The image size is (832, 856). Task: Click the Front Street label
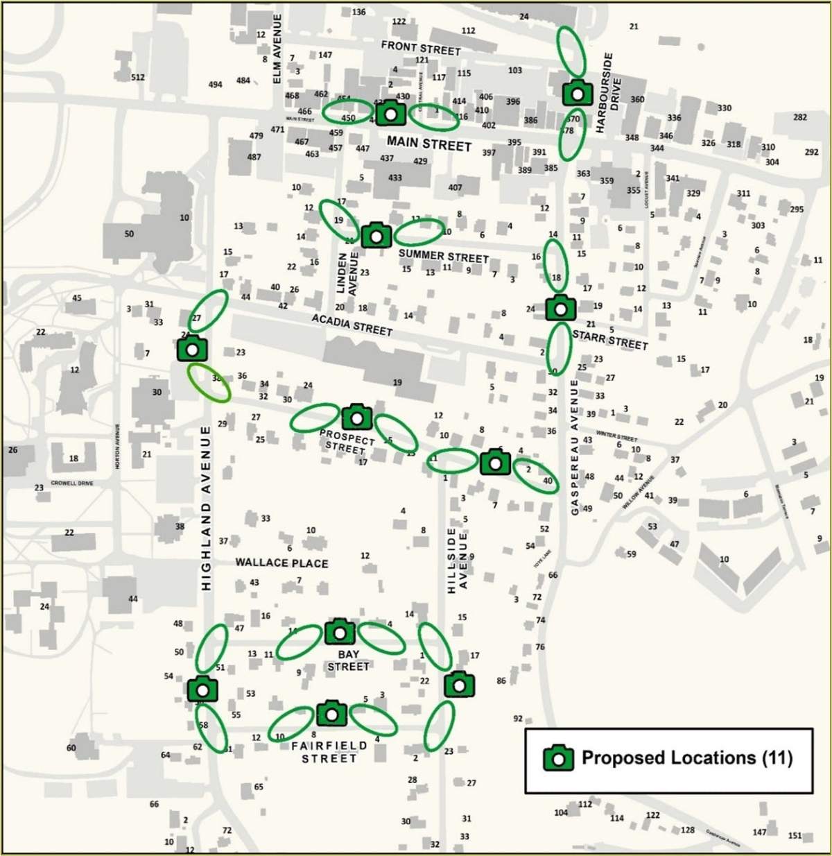(x=421, y=48)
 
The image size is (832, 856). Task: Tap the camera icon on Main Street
(x=391, y=112)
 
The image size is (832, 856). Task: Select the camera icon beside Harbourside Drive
(x=577, y=92)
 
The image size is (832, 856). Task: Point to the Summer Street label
(x=444, y=255)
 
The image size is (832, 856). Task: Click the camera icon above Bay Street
(x=340, y=632)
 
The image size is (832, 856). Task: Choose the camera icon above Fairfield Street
(x=331, y=713)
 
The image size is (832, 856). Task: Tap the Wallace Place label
(x=281, y=563)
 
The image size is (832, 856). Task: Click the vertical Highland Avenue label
(x=206, y=508)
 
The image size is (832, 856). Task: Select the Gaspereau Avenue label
(x=574, y=447)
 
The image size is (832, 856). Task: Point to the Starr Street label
(x=610, y=339)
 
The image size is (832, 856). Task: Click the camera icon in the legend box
(x=558, y=758)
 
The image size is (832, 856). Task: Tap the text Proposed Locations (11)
(x=686, y=757)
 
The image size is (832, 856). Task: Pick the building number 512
(x=138, y=77)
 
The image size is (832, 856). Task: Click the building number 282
(x=800, y=117)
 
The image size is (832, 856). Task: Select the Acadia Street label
(x=352, y=324)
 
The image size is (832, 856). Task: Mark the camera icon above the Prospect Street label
(x=357, y=417)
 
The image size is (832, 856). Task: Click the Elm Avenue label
(x=277, y=49)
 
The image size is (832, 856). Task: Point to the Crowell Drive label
(x=72, y=483)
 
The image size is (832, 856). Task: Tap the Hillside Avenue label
(x=458, y=560)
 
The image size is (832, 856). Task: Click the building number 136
(x=358, y=12)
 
